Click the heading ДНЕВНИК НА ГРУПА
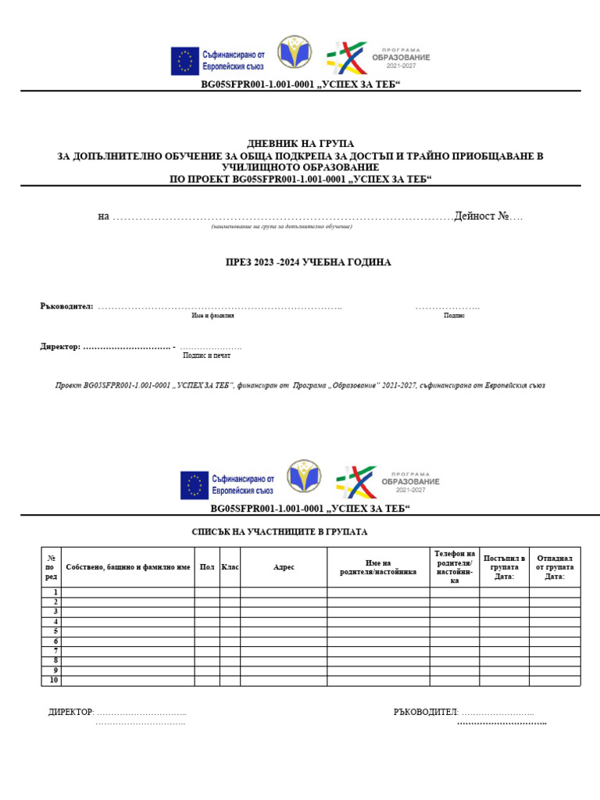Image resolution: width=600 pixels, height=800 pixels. pos(300,144)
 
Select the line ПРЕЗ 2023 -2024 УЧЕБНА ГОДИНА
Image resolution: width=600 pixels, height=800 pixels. pos(308,262)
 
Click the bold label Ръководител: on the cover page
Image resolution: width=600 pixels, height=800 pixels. pos(66,305)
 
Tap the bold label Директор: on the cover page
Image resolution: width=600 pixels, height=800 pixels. pos(59,346)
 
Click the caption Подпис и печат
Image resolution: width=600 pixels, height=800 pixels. pos(206,355)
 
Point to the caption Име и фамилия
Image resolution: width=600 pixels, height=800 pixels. pos(212,316)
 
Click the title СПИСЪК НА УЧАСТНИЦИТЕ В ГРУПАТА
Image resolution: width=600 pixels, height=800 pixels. pos(279,532)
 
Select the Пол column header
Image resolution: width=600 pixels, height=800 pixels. pos(207,567)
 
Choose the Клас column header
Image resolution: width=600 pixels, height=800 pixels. pos(230,567)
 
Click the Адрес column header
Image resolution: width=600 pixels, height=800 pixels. pos(284,567)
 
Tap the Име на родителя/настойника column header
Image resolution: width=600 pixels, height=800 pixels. pos(378,567)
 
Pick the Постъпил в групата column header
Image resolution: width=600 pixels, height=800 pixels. pos(504,567)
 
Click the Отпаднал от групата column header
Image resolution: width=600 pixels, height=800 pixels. pos(555,567)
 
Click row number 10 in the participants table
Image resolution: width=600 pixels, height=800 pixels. pos(54,680)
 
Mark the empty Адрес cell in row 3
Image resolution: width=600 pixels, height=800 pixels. pos(284,612)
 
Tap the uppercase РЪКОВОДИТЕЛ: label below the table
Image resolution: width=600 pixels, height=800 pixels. pos(426,712)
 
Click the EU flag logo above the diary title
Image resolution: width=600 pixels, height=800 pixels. pos(185,61)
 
